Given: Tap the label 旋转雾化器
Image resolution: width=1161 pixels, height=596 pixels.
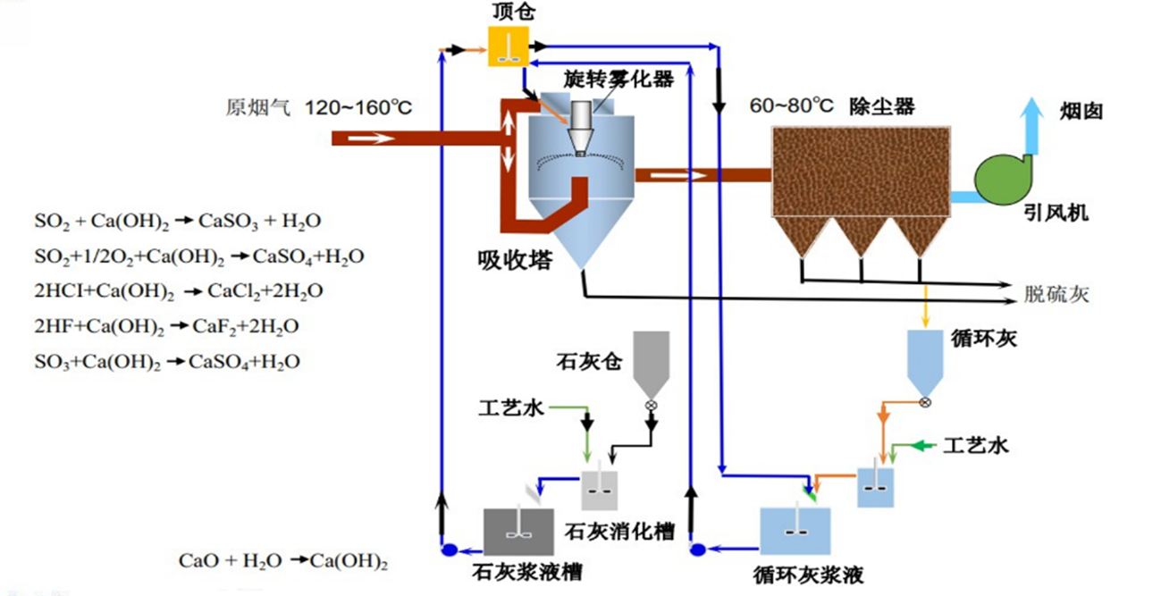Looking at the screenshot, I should point(618,79).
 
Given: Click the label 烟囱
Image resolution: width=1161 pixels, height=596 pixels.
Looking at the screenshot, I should point(1082,112).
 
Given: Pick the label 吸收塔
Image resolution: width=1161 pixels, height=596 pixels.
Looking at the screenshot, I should point(514,262).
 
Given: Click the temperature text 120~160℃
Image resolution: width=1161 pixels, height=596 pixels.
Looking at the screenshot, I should point(358,108).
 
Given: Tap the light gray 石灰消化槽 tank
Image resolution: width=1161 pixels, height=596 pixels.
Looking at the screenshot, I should point(600,491).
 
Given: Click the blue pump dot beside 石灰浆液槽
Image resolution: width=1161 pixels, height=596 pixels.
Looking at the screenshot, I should point(449,550).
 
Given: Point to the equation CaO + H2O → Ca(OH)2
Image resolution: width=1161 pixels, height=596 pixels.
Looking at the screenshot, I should point(283,562).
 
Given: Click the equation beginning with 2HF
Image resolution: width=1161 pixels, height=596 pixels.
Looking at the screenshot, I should point(165,326).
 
